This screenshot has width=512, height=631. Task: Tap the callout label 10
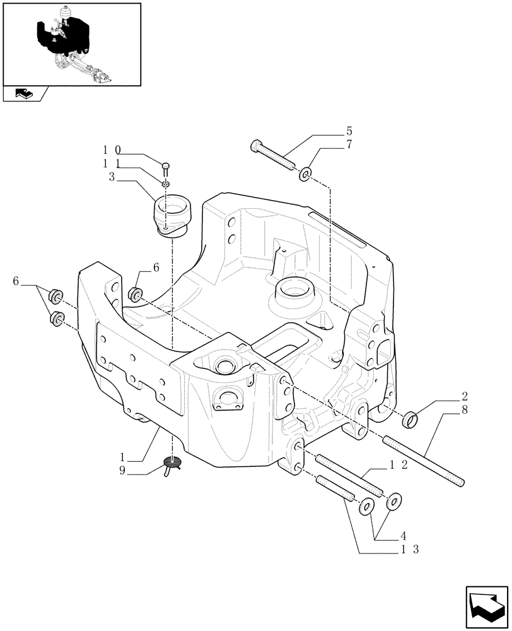(112, 151)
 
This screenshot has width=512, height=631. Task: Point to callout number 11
(112, 164)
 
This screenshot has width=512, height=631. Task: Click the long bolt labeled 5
(274, 156)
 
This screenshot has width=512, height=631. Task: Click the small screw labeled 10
(166, 168)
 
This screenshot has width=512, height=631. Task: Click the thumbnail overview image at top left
(71, 44)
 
